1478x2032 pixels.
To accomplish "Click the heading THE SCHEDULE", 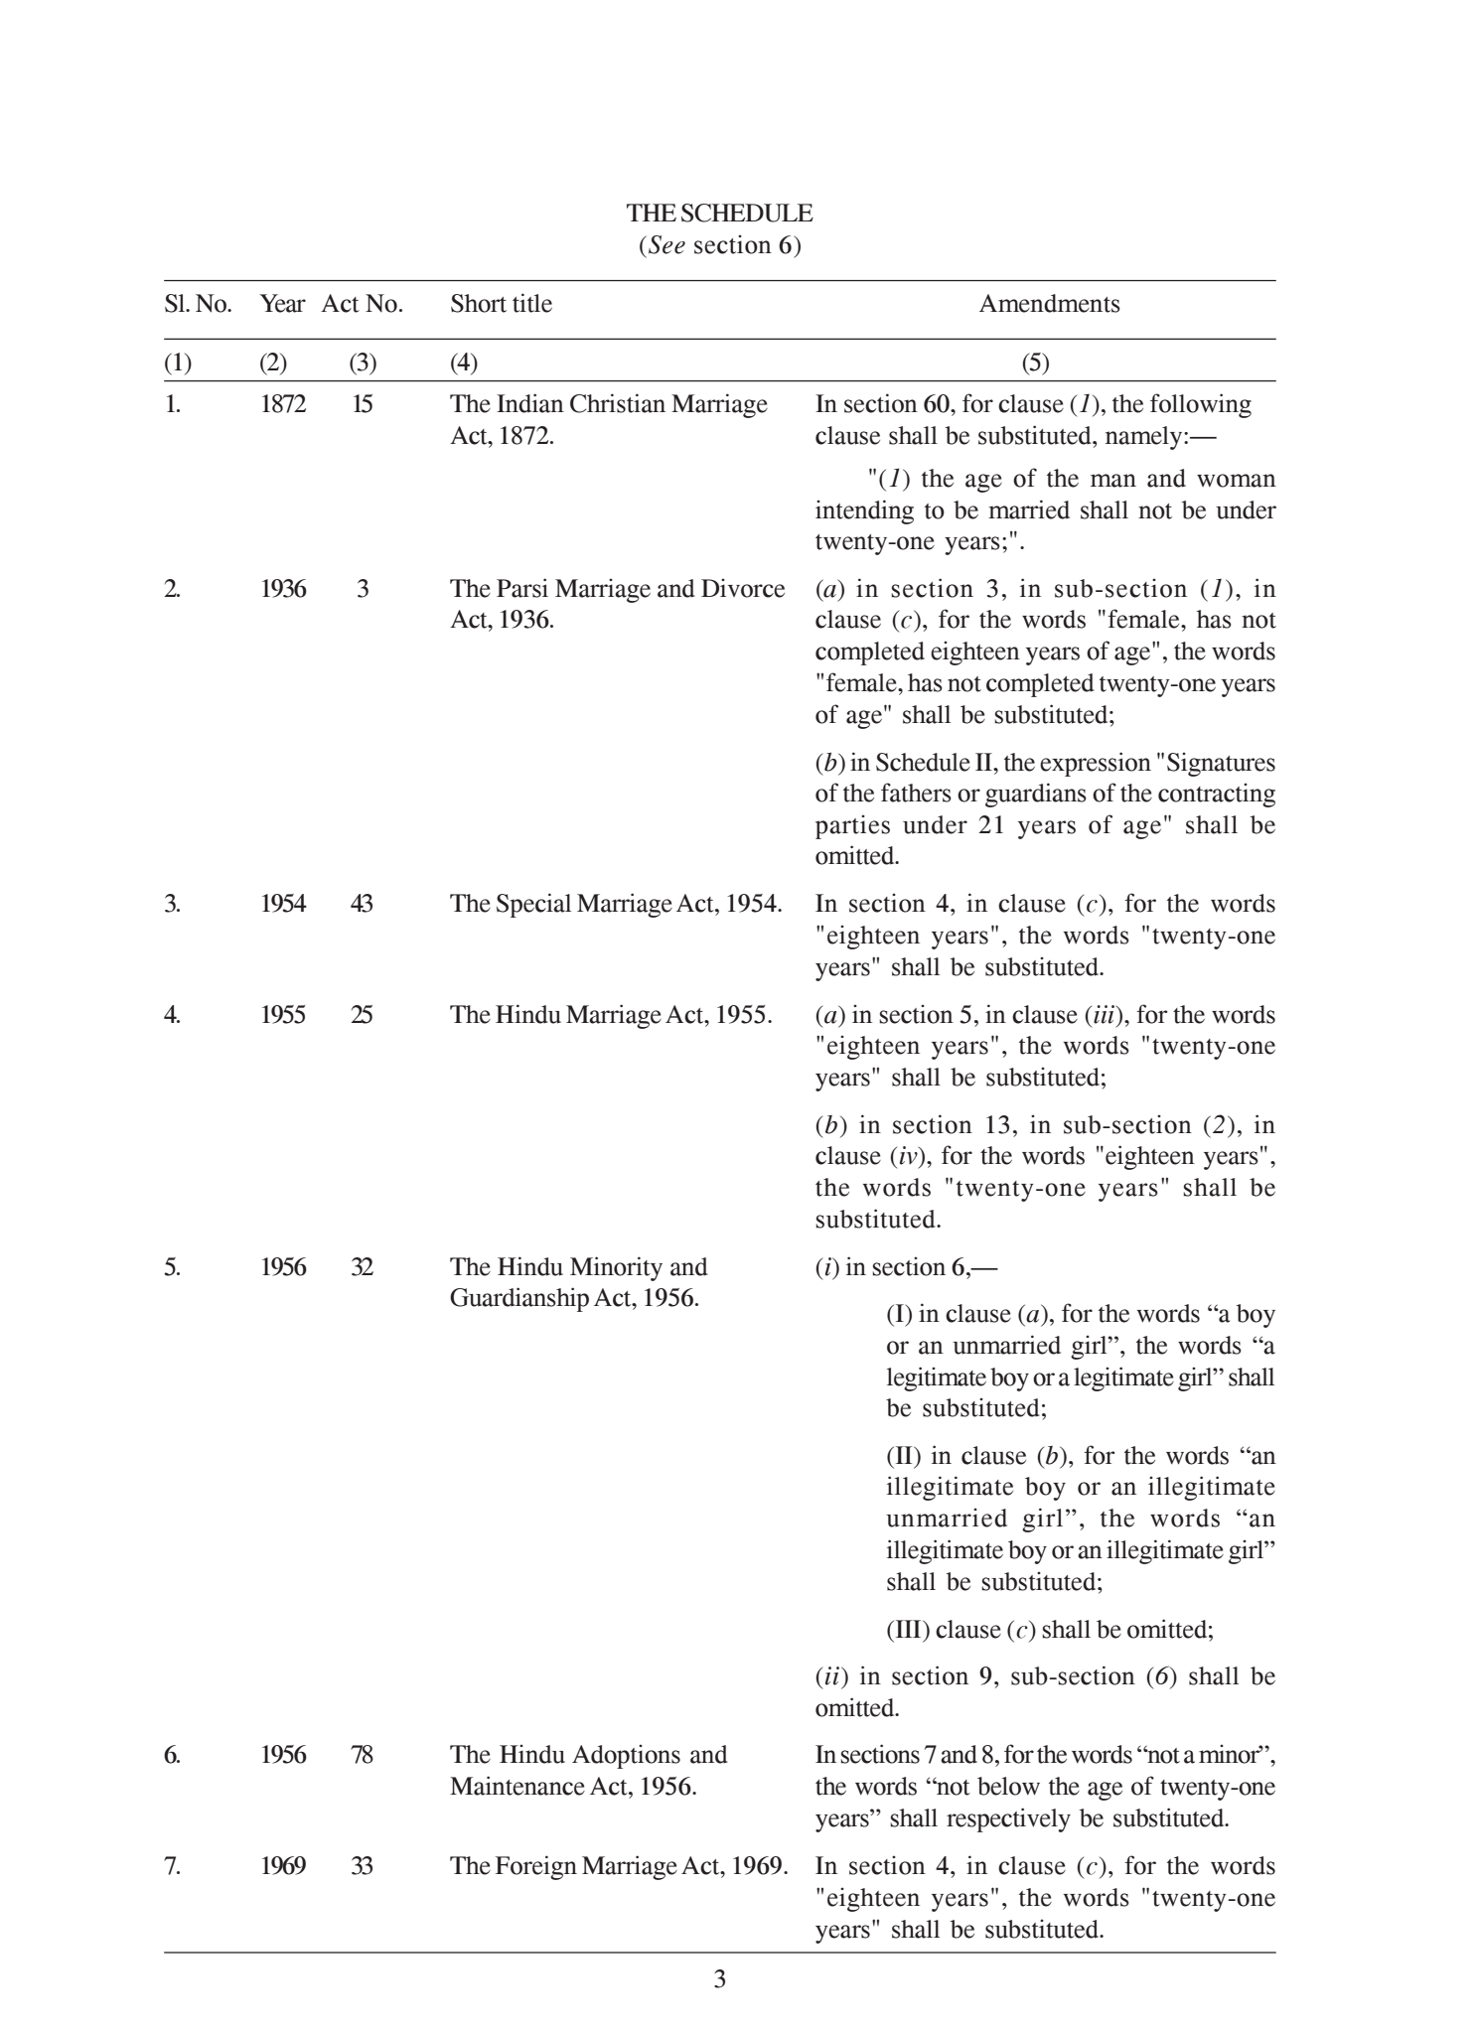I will [x=719, y=214].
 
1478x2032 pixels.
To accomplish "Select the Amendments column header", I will [x=1049, y=304].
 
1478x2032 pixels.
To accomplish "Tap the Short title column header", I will [x=501, y=304].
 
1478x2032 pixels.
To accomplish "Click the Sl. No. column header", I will [x=198, y=304].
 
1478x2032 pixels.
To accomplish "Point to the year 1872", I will [x=283, y=404].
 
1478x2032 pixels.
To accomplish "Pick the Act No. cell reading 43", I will [x=362, y=904].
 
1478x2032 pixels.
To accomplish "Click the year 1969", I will [x=283, y=1866].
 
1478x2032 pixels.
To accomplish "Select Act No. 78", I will [x=362, y=1755].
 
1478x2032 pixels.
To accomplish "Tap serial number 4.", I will [x=173, y=1015].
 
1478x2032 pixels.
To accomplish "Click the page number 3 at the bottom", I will [x=720, y=1979].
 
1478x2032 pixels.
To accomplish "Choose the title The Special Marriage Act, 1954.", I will [x=616, y=904].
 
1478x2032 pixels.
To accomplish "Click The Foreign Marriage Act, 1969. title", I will [x=619, y=1866].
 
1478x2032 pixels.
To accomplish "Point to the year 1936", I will [x=283, y=589].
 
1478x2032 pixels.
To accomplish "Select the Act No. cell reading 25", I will [x=362, y=1015].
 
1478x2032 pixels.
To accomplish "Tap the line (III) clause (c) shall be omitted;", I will [x=1049, y=1630].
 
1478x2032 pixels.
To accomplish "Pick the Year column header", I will [x=282, y=304].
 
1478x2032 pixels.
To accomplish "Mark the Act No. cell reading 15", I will [x=362, y=404].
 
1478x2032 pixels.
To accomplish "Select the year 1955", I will [x=283, y=1015].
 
